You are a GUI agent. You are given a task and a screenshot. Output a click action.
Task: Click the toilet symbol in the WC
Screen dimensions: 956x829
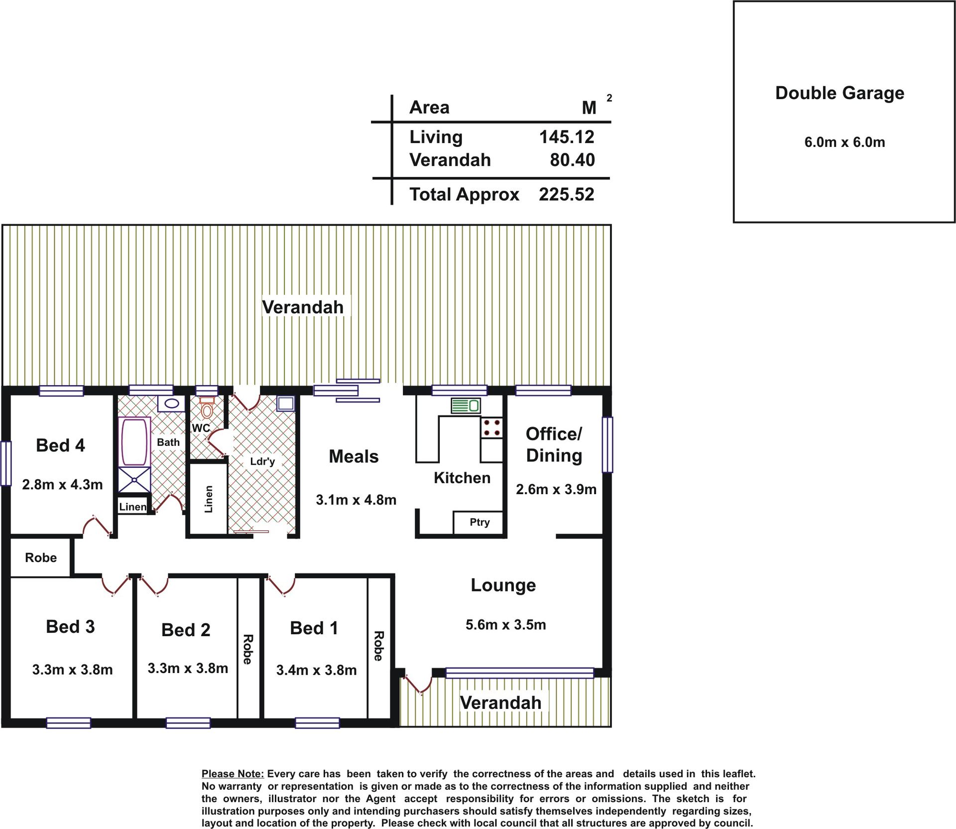[207, 408]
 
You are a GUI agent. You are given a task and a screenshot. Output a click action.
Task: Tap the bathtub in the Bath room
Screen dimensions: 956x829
[134, 442]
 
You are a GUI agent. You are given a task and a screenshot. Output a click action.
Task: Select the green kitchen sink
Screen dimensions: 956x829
[466, 406]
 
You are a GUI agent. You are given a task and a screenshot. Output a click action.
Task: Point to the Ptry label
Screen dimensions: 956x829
[479, 522]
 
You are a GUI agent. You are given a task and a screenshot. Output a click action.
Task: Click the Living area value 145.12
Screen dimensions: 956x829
[567, 137]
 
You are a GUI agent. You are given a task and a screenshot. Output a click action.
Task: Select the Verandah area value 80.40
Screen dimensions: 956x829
[572, 160]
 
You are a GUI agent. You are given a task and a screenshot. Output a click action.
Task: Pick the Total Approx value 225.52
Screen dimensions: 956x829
[567, 194]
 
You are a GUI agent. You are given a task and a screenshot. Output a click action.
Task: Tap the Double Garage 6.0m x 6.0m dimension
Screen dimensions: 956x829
[844, 142]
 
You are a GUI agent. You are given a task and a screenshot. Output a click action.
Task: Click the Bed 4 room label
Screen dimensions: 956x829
[60, 445]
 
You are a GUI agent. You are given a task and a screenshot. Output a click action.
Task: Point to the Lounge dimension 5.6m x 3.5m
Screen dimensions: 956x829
[505, 625]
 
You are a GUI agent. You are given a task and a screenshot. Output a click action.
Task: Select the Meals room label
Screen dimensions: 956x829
[354, 456]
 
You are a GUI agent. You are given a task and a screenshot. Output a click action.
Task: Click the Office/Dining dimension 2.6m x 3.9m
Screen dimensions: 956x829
[556, 489]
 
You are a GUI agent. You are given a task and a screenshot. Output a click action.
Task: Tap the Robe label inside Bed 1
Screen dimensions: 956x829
[378, 646]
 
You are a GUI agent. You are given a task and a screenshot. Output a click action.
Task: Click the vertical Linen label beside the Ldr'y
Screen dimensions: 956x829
[209, 499]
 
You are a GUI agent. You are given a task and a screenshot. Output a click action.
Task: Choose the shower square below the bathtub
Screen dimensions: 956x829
[134, 480]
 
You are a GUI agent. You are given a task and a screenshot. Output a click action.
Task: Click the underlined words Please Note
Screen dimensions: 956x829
[233, 774]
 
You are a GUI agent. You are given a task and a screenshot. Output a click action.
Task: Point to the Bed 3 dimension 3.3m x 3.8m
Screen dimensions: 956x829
[72, 670]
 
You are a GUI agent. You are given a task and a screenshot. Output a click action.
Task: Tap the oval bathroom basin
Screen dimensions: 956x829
[172, 404]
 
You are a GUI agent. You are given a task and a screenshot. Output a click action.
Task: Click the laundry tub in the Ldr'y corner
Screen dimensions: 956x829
[286, 404]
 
